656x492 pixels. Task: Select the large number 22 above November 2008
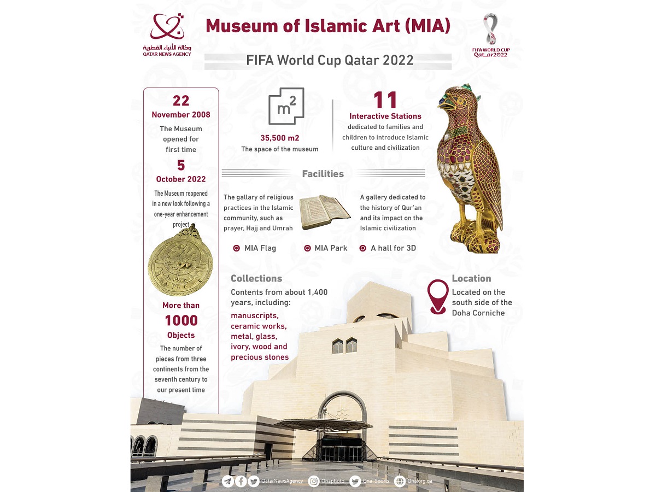click(181, 101)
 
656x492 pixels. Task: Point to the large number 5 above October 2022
click(181, 165)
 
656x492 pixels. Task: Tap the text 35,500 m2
click(279, 138)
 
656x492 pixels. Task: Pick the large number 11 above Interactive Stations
click(385, 100)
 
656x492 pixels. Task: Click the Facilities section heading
click(323, 174)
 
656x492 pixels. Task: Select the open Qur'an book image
click(326, 213)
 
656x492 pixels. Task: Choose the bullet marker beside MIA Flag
click(236, 248)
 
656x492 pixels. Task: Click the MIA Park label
click(331, 248)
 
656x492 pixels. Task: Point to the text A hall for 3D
click(393, 248)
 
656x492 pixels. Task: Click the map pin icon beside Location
click(438, 297)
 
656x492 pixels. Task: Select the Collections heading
click(256, 279)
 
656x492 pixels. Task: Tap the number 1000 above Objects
click(181, 320)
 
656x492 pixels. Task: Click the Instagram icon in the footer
click(314, 481)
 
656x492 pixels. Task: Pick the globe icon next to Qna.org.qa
click(399, 481)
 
